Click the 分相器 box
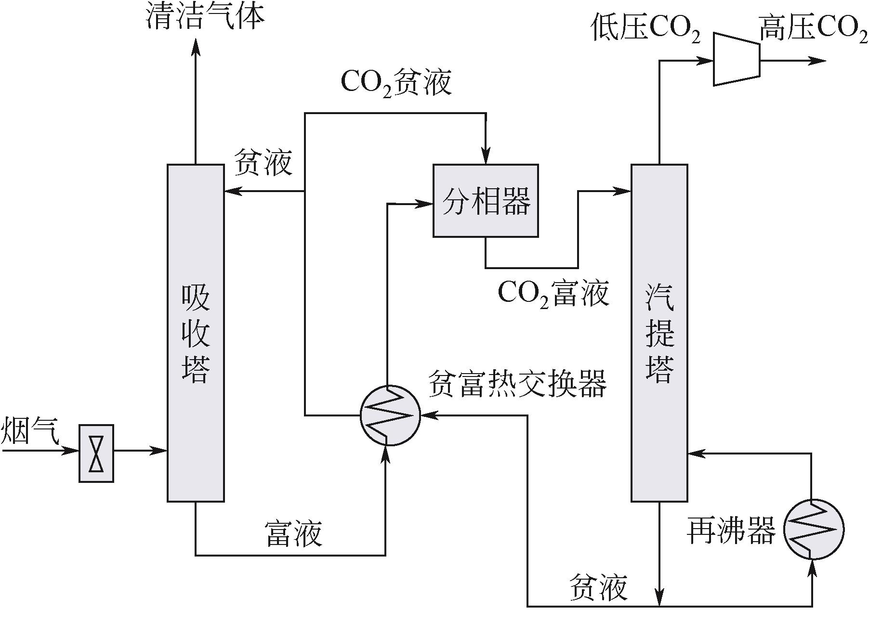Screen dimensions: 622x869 tap(486, 200)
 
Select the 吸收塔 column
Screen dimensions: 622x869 tap(196, 333)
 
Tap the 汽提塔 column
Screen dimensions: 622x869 tap(659, 333)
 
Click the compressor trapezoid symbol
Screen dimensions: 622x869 tap(737, 59)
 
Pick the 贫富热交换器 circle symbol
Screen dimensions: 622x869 tap(390, 415)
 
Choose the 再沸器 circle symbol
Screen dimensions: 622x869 tap(814, 530)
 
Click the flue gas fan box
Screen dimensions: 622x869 tap(96, 453)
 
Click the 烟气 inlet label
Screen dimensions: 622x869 tap(30, 430)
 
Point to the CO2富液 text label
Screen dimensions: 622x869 tap(553, 293)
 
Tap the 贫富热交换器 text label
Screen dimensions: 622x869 tap(517, 384)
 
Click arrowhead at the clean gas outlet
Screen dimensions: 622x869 tap(196, 46)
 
